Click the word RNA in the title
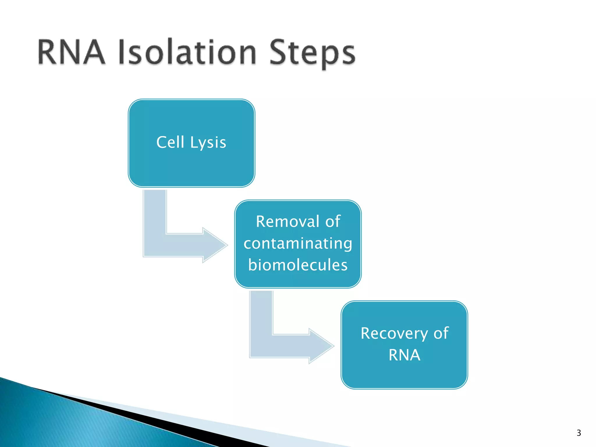pos(71,52)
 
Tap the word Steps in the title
pos(312,54)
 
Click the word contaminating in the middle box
pos(298,243)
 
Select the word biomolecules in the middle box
pos(298,265)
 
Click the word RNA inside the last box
pos(404,355)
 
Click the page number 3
pos(579,433)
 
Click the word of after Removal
pos(333,221)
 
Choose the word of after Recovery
pos(441,333)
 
